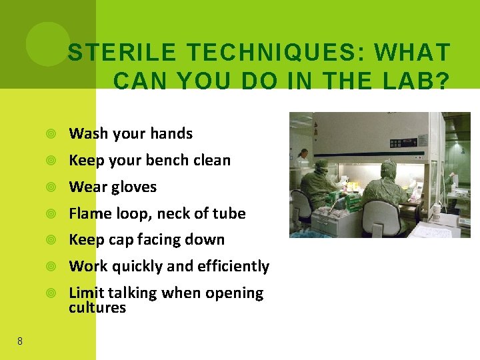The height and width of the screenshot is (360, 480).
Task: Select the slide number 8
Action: tap(19, 341)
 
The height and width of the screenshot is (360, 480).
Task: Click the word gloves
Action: tap(135, 187)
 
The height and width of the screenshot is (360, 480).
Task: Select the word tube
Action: tap(230, 213)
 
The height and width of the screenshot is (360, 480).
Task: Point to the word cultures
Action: tap(97, 308)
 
